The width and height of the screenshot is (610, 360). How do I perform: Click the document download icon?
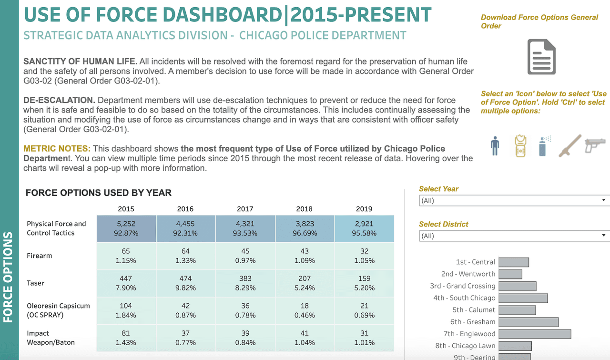coord(541,57)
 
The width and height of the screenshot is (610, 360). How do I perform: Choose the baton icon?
coord(570,145)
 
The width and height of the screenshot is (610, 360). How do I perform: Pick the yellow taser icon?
coord(520,145)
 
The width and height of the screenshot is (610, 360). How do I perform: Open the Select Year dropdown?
coord(514,200)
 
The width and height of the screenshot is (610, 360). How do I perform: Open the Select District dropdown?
coord(514,236)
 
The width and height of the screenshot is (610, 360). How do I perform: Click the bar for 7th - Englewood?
coord(535,334)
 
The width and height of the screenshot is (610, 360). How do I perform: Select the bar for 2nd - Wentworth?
coord(510,274)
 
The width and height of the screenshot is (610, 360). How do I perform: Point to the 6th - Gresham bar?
coord(529,322)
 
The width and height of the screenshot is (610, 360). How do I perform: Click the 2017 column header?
coord(245,209)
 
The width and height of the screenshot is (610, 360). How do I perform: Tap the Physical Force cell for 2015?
coord(126,228)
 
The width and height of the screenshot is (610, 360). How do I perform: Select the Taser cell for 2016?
coord(185,283)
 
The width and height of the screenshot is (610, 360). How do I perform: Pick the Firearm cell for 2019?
coord(364,256)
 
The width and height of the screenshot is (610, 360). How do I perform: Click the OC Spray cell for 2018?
coord(305,310)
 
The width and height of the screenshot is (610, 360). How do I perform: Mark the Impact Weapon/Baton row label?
coord(51,338)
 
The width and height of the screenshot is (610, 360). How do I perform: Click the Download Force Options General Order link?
coord(539,21)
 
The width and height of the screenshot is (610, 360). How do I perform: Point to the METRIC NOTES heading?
coord(57,149)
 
